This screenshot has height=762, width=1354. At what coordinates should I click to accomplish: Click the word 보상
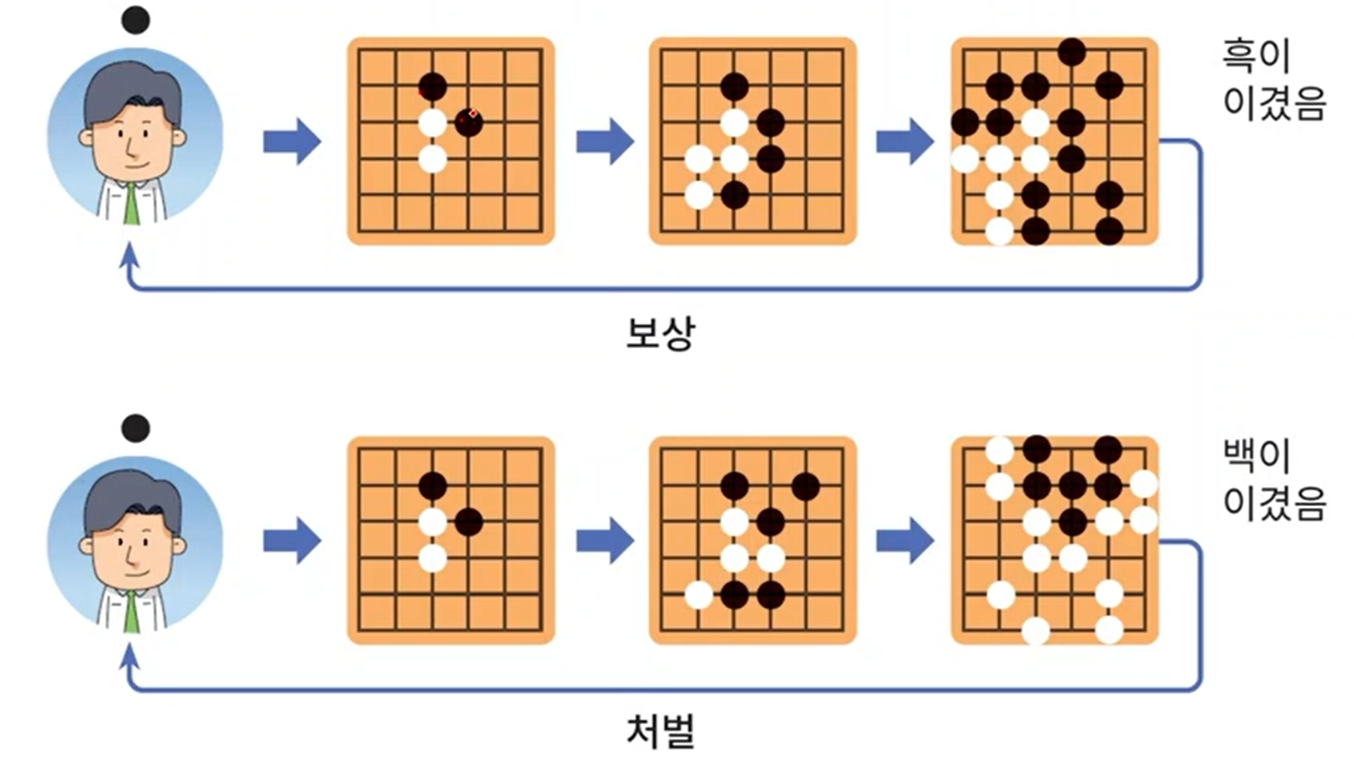(660, 333)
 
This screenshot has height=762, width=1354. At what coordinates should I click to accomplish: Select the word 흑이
(1255, 55)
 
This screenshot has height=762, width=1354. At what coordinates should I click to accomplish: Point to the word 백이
(1255, 456)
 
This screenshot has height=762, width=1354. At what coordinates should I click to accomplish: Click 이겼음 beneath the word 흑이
(1273, 103)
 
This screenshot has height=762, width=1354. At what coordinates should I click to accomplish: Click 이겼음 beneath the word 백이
(1273, 503)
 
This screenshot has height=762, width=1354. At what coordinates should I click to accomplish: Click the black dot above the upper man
(136, 20)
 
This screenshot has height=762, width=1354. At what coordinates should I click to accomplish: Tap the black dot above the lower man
(136, 428)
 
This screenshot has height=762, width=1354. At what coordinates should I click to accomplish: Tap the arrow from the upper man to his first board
(292, 141)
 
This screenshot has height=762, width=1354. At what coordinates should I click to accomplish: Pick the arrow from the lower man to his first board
(292, 541)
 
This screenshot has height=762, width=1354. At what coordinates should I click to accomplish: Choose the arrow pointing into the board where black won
(905, 141)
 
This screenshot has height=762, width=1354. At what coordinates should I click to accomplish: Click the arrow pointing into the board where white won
(905, 541)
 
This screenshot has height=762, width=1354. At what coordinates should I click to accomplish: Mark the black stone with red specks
(468, 122)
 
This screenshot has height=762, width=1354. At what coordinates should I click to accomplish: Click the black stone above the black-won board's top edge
(1071, 51)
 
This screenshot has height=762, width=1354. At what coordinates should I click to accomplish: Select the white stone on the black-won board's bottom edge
(999, 231)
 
